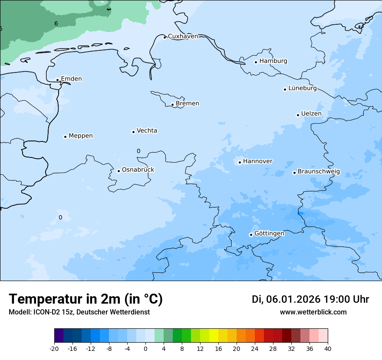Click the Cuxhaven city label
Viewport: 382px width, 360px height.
183,36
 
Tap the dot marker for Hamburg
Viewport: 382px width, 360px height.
256,62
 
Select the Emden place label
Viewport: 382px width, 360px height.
71,79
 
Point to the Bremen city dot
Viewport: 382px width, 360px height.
172,105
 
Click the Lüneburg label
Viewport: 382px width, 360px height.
303,88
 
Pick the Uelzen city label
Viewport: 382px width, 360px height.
311,114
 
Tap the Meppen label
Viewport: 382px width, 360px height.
81,136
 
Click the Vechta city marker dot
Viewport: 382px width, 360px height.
133,132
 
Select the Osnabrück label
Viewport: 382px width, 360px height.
138,170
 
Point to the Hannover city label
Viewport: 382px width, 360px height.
258,161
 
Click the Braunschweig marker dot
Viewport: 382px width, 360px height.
294,173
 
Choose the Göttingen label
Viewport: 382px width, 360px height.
269,234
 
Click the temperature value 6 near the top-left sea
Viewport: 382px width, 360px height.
56,23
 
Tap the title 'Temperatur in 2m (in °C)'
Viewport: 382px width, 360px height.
86,299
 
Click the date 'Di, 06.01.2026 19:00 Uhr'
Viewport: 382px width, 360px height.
310,299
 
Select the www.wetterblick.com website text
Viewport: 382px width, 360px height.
313,312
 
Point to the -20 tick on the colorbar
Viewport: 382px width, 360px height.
54,349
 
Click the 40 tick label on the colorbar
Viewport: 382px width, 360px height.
328,349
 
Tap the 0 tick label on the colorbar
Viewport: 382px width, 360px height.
145,349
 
